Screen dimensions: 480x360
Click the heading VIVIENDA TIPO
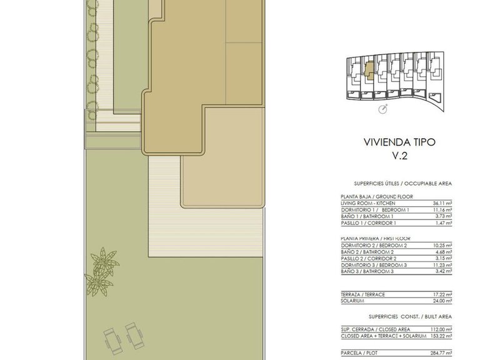pos(399,142)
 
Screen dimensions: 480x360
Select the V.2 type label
pos(400,156)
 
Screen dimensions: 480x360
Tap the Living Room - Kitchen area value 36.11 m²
pos(442,203)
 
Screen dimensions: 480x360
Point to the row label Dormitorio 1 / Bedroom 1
pos(375,210)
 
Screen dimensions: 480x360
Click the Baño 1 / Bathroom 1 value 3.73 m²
pos(444,216)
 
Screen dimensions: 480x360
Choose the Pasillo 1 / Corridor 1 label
pos(369,223)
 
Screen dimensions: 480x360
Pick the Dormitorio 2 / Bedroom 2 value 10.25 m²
pos(442,246)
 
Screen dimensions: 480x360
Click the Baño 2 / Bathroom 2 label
pos(367,252)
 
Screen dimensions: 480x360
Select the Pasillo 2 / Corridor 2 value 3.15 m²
pos(444,259)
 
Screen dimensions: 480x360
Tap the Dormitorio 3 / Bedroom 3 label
pos(374,266)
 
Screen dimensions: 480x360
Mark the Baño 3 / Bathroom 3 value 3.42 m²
pos(444,271)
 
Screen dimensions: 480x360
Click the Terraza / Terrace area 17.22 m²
pos(442,295)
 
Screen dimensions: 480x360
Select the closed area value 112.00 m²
pos(441,330)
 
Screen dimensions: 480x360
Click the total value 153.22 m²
pos(441,336)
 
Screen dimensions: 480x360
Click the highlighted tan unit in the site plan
pos(369,71)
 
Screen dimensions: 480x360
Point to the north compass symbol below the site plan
pos(383,109)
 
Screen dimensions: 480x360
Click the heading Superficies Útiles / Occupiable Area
pos(403,184)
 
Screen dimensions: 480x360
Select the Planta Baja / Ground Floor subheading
pos(377,197)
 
